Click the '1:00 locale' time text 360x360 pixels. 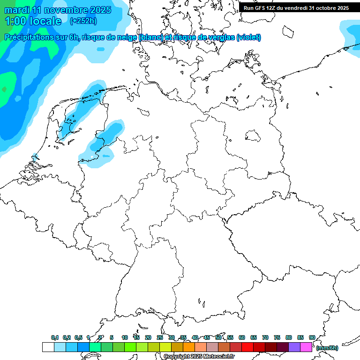point(33,21)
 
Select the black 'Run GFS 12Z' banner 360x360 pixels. point(296,7)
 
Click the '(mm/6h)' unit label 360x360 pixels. point(327,348)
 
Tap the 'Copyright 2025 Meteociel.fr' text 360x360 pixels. point(199,357)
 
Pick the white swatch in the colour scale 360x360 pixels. point(48,347)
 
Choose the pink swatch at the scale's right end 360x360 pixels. point(306,347)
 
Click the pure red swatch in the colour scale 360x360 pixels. point(247,347)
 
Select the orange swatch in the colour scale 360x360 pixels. point(189,347)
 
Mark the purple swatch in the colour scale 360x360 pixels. point(294,347)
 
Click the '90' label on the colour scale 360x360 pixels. point(312,337)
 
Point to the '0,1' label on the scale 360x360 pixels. point(55,337)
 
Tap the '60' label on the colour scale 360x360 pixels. point(242,337)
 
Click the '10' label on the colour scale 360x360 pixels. point(124,337)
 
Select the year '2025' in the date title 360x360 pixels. point(100,10)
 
